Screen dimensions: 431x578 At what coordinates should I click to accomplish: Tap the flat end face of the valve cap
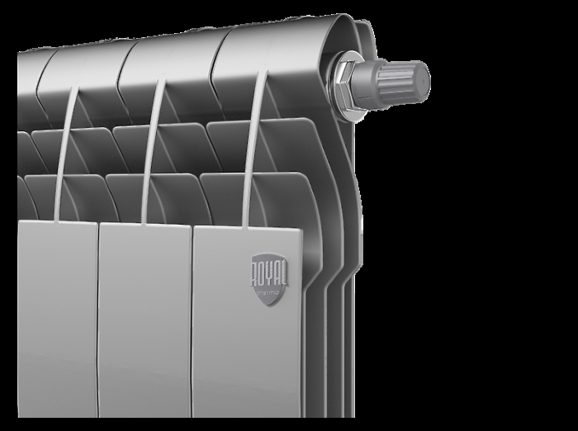pos(423,78)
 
